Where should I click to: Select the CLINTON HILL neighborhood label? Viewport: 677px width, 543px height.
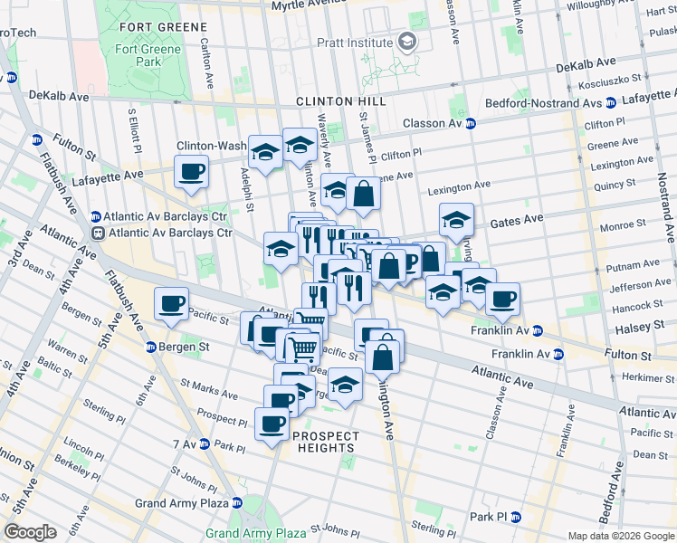[x=345, y=101]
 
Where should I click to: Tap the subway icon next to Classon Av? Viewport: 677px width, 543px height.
[x=471, y=123]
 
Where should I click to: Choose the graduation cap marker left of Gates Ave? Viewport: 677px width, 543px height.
[x=457, y=219]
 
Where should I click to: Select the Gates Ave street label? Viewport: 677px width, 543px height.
[x=516, y=220]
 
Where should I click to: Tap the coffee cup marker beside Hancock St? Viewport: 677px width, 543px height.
[x=503, y=298]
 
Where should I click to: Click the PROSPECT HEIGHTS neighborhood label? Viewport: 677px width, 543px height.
[x=325, y=436]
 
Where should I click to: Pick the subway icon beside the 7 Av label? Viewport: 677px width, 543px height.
[x=205, y=443]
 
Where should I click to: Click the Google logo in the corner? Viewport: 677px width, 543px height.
[x=30, y=532]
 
